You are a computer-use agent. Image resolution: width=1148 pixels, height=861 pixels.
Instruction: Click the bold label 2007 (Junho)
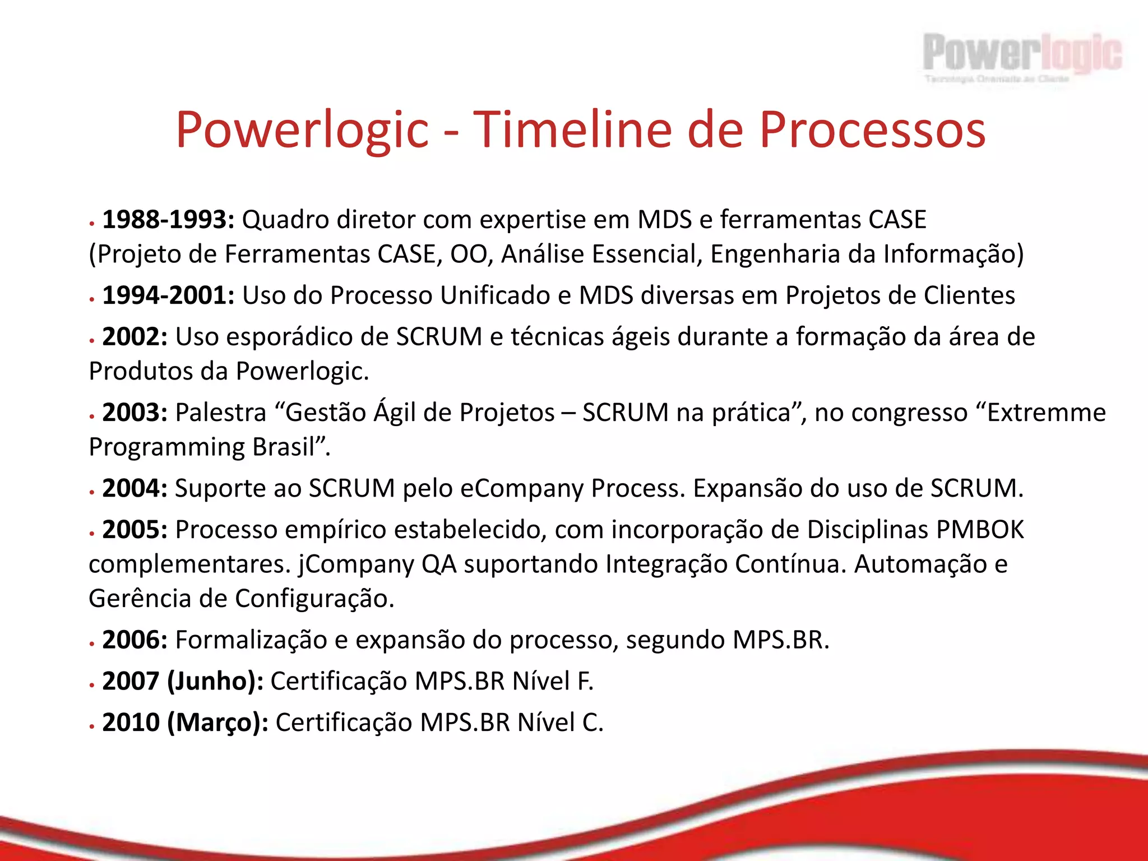[183, 681]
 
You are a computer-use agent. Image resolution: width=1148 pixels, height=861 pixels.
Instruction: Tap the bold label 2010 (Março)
[185, 723]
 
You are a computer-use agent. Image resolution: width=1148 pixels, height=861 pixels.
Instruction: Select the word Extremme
[1046, 413]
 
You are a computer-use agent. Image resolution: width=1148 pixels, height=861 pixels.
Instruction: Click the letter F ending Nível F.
[583, 681]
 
